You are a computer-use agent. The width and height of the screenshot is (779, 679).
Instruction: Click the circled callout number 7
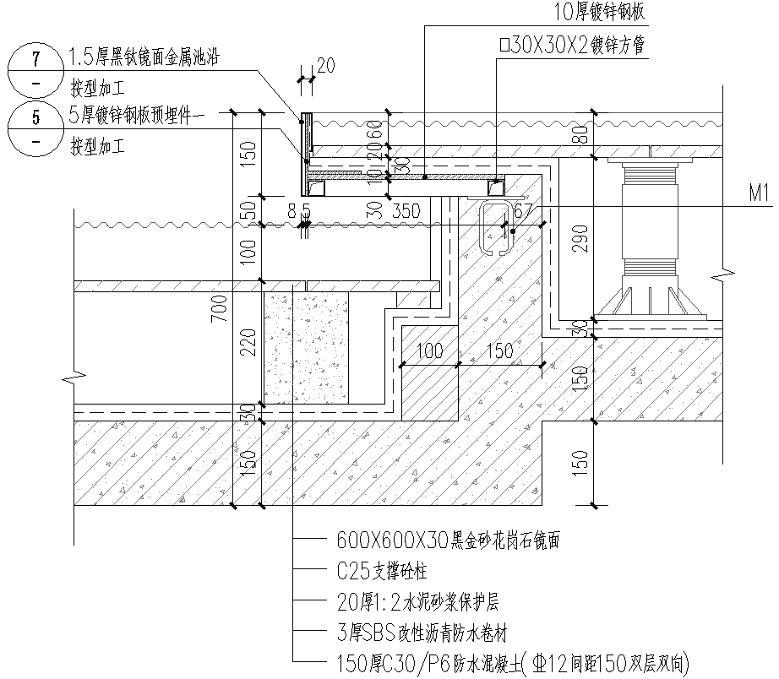click(x=35, y=59)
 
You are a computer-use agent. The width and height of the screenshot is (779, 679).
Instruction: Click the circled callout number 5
click(x=35, y=118)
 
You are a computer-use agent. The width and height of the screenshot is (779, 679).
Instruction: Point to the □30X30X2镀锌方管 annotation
click(x=572, y=46)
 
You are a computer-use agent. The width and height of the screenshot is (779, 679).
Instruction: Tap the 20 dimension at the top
click(x=324, y=66)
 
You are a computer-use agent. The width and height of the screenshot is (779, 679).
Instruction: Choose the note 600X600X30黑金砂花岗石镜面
click(x=448, y=539)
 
